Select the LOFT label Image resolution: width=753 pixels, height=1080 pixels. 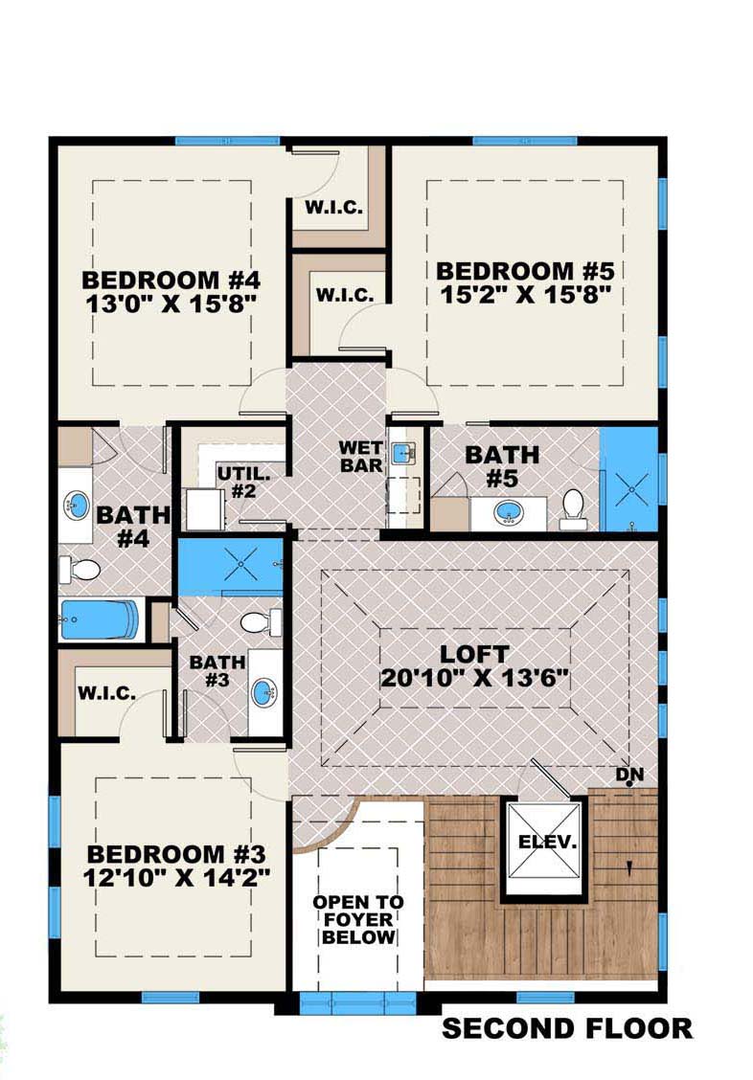coord(474,654)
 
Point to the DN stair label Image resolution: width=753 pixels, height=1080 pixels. coord(628,773)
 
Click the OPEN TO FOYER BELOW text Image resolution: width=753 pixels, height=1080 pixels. coord(358,919)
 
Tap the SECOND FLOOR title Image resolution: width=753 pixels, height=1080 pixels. coord(566,1029)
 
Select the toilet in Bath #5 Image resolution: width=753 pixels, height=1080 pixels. coord(573,508)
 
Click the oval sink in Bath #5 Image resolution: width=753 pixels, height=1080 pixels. coord(508,512)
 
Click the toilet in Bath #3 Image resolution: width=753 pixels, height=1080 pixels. coord(257,623)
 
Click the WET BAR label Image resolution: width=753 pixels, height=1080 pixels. coord(361,457)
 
